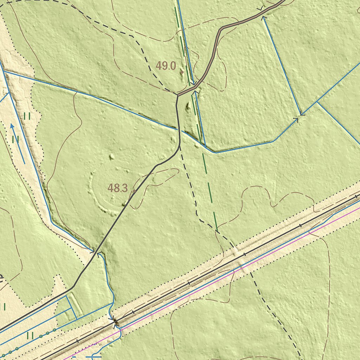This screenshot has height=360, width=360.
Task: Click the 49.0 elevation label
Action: (x=166, y=66)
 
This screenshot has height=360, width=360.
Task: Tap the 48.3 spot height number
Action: (x=117, y=188)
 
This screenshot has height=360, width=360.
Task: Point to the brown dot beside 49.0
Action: (x=182, y=72)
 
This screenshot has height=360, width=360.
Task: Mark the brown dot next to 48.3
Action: (x=134, y=191)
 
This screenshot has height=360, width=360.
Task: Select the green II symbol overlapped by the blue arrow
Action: (x=15, y=140)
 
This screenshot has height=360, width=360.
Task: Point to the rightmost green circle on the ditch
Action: (x=54, y=330)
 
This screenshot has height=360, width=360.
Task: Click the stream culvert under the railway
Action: (x=115, y=321)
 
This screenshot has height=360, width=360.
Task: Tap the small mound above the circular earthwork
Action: (x=112, y=157)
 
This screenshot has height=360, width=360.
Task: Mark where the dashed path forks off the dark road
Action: (x=180, y=145)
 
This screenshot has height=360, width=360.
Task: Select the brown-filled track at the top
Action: (x=218, y=39)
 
